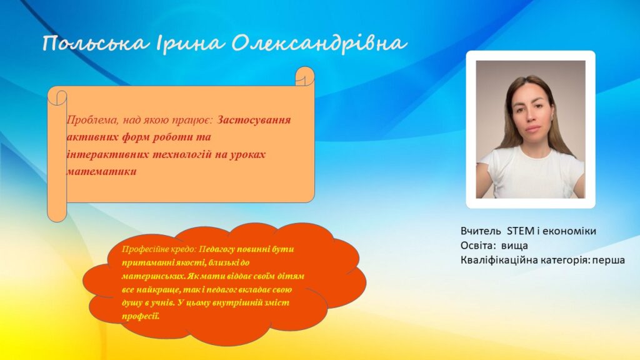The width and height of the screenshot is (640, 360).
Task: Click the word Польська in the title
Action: click(x=96, y=43)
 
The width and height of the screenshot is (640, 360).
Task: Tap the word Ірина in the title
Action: click(x=189, y=43)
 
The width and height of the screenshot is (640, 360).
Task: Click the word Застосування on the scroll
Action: click(x=254, y=120)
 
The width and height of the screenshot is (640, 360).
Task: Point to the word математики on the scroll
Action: click(x=102, y=171)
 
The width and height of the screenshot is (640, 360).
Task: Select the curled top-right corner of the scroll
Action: click(x=304, y=76)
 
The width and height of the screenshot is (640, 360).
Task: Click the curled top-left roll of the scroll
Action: click(x=57, y=96)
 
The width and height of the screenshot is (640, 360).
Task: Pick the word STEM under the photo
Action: click(x=521, y=231)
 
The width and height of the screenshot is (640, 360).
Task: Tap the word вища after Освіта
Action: click(x=514, y=246)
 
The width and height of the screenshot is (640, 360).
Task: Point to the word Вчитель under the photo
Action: click(x=481, y=231)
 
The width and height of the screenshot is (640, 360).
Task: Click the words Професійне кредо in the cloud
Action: click(x=159, y=249)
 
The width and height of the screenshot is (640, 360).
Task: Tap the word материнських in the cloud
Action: click(x=154, y=276)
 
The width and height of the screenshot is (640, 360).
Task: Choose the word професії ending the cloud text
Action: click(x=141, y=316)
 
